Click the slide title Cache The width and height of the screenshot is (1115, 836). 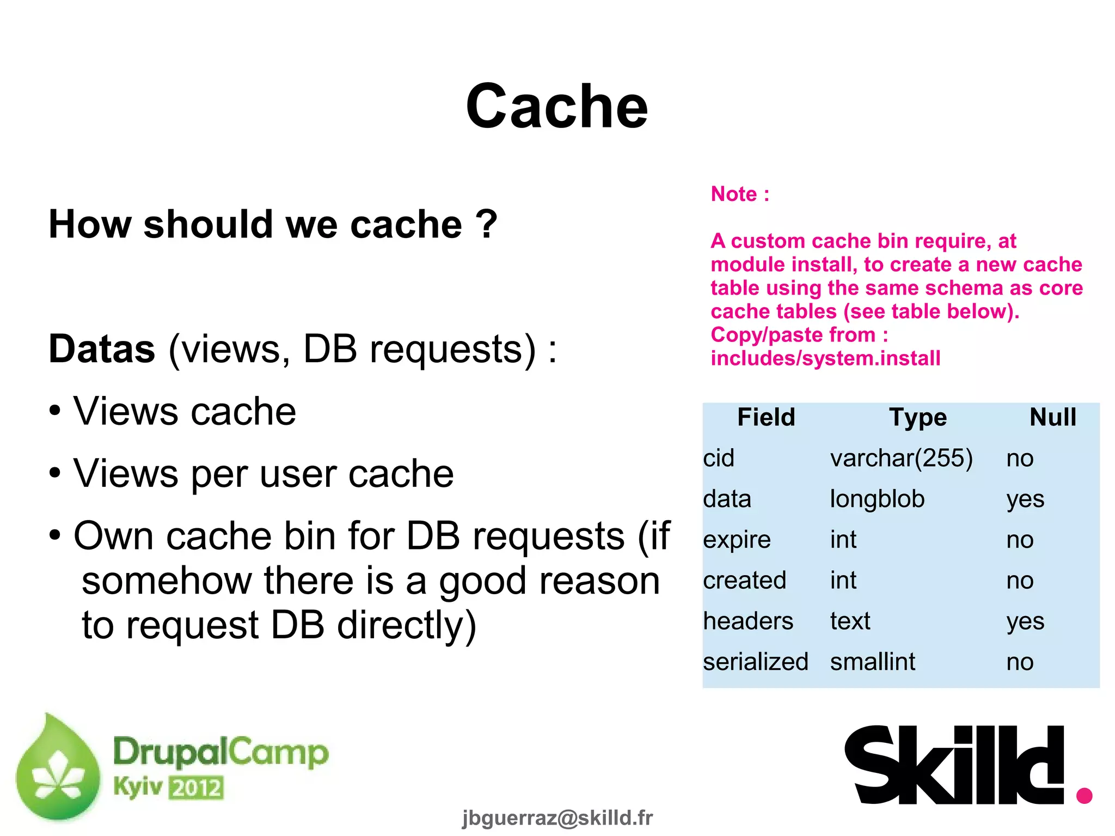coord(556,106)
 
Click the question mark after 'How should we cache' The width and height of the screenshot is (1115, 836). coord(486,224)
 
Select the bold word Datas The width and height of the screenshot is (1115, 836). coord(102,349)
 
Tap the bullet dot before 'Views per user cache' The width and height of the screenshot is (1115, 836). coord(54,473)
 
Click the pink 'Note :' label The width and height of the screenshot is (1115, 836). coord(740,194)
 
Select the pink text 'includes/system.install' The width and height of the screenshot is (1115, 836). coord(825,358)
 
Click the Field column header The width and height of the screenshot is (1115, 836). coord(766,417)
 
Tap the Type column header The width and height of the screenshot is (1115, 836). coord(918,417)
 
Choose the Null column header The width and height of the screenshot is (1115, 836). coord(1052,417)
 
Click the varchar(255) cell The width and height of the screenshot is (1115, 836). coord(901,458)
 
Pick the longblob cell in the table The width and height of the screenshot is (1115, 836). coord(877,499)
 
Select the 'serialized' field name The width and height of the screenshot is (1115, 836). coord(755,662)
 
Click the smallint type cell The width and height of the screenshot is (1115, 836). coord(872,662)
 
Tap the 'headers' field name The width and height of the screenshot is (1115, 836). coord(748,621)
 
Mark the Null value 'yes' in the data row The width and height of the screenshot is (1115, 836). coord(1025,499)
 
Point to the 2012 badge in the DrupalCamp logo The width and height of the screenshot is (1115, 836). coord(196,788)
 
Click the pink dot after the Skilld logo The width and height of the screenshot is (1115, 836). coord(1084,795)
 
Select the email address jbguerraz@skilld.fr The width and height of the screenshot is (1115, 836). coord(557,817)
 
